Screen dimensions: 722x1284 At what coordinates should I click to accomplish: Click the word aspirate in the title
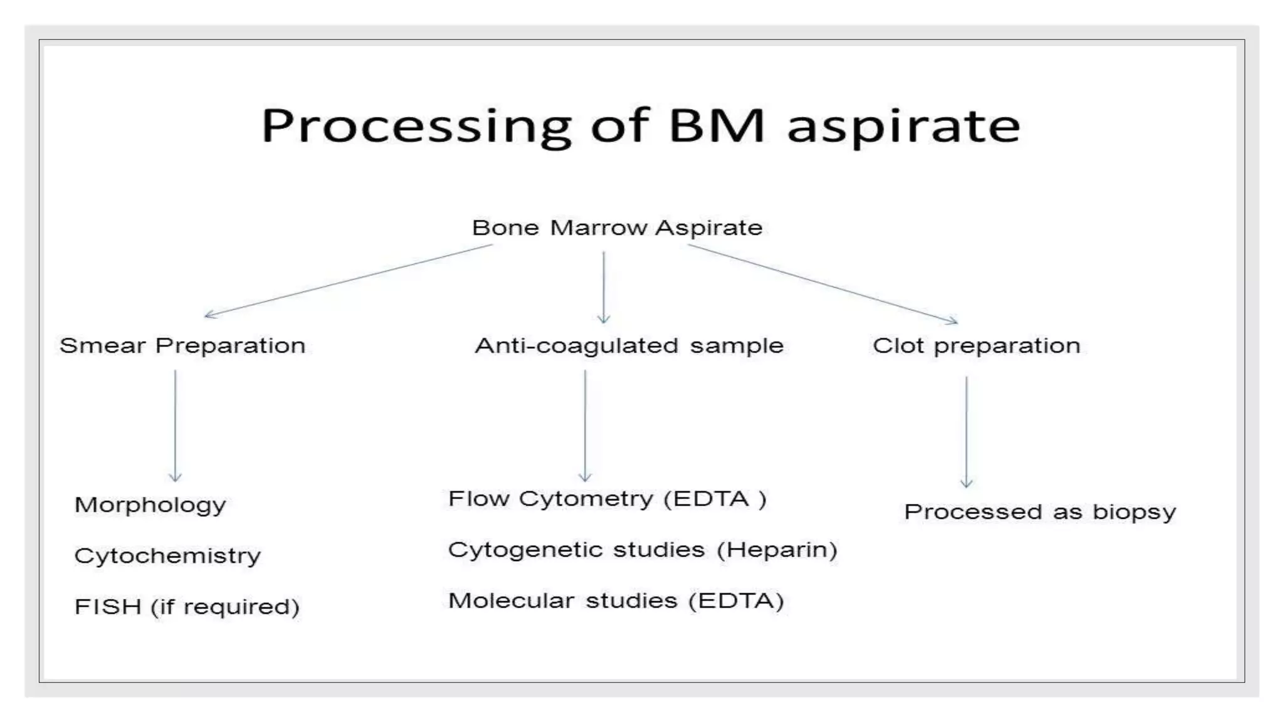click(x=903, y=127)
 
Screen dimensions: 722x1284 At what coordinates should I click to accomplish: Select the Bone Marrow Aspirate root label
click(x=617, y=228)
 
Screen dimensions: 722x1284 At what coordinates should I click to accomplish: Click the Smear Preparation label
click(x=182, y=346)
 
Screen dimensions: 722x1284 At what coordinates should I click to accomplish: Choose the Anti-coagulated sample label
click(x=629, y=346)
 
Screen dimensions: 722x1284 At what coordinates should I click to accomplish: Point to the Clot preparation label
click(x=976, y=346)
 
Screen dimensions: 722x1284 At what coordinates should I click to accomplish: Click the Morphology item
click(x=150, y=505)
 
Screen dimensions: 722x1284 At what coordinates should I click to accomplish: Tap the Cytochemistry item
click(x=167, y=556)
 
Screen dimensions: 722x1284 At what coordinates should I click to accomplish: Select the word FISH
click(x=107, y=607)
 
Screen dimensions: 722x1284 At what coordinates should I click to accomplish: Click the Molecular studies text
click(x=562, y=601)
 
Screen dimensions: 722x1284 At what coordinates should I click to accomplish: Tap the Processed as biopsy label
click(x=1039, y=512)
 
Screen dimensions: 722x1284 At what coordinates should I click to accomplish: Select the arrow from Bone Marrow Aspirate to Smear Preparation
click(x=349, y=280)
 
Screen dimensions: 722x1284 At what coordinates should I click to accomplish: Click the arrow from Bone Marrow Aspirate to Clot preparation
click(x=823, y=283)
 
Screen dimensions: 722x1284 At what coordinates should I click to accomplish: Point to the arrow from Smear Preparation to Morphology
click(x=175, y=426)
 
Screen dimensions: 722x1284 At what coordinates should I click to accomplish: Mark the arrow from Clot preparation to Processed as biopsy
click(x=966, y=432)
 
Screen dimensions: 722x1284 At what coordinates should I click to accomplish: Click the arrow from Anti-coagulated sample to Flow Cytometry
click(x=585, y=426)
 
